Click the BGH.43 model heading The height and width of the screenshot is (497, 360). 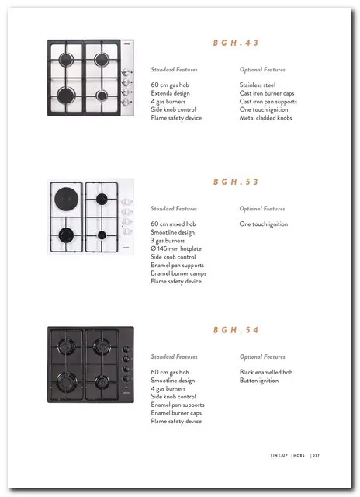pos(236,43)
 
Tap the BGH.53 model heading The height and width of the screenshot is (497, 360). pos(236,182)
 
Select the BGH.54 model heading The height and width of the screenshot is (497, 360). pos(236,330)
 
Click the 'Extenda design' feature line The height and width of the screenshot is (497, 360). pos(171,93)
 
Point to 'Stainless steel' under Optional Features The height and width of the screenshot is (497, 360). pos(258,85)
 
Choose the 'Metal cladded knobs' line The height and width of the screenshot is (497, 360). pos(265,118)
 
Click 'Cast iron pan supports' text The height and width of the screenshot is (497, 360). pos(268,102)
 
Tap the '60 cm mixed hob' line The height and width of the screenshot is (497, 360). pos(173,224)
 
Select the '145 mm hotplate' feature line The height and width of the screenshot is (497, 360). pos(176,248)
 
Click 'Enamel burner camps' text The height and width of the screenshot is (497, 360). pos(178,273)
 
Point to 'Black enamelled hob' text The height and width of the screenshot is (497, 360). pos(266,372)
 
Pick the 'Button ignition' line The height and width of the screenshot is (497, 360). pos(259,381)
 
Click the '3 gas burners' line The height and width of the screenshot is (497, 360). pos(168,241)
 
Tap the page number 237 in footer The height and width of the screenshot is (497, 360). pos(317,456)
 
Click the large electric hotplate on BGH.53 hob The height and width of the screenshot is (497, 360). pos(66,198)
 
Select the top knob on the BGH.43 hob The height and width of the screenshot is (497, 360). pos(126,72)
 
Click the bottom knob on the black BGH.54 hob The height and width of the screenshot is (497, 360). pos(126,379)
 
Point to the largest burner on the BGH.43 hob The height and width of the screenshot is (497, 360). pos(66,96)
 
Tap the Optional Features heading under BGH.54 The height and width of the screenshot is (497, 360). pos(262,357)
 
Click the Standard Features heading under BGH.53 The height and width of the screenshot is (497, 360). pos(174,209)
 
